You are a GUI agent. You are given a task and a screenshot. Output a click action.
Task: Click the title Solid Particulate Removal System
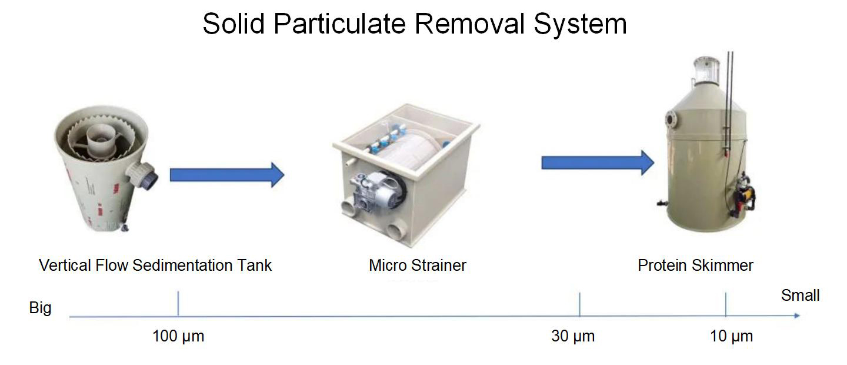(x=414, y=25)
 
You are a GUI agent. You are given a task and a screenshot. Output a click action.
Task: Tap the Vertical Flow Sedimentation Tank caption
(x=155, y=266)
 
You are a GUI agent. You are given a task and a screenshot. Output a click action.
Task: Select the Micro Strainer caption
(x=418, y=266)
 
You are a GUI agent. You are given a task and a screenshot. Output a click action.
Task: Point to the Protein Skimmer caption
(x=695, y=266)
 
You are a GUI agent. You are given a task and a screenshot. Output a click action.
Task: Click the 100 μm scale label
(x=178, y=337)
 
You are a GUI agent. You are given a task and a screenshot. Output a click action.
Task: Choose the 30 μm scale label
(x=573, y=337)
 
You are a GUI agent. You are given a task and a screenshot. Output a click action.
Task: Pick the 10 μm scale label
(x=731, y=337)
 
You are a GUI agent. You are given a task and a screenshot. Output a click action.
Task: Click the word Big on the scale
(x=40, y=308)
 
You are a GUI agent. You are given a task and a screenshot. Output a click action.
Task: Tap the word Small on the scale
(x=800, y=295)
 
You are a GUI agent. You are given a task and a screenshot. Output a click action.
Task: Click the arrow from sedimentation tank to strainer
(x=226, y=175)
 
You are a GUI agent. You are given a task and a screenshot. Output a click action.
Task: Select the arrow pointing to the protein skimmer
(x=597, y=162)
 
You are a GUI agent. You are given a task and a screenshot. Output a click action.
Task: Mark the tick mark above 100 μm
(x=178, y=304)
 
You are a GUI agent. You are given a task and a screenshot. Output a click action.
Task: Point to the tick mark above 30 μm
(x=580, y=304)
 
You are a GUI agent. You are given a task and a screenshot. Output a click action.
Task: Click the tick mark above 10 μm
(x=726, y=304)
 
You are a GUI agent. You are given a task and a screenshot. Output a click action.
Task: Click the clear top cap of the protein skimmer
(x=706, y=71)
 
